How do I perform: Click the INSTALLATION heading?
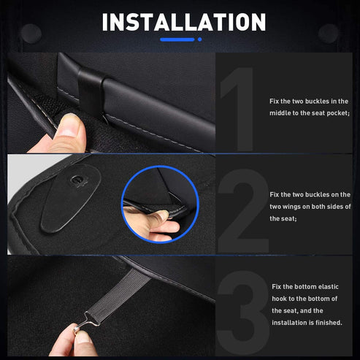183,22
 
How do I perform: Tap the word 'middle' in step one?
282,113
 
